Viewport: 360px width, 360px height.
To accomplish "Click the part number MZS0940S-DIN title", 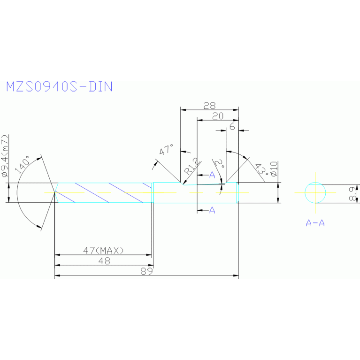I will [x=59, y=87].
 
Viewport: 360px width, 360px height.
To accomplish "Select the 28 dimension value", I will [x=209, y=106].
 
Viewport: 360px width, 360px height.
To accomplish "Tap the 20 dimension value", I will [x=217, y=117].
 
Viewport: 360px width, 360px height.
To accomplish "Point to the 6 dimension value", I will [x=232, y=127].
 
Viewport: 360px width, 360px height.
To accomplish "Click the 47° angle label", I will [x=166, y=151].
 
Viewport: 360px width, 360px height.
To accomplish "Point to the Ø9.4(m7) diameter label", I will [x=5, y=158].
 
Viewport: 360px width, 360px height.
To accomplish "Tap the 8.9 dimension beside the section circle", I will [x=354, y=192].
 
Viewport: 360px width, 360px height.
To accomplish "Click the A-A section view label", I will [x=315, y=223].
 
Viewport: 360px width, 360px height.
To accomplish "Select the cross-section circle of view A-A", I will [x=315, y=192].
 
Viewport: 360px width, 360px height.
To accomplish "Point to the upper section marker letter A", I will [x=212, y=175].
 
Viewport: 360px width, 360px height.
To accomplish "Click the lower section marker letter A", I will [x=212, y=210].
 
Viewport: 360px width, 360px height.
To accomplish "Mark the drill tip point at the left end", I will [x=54, y=192].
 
